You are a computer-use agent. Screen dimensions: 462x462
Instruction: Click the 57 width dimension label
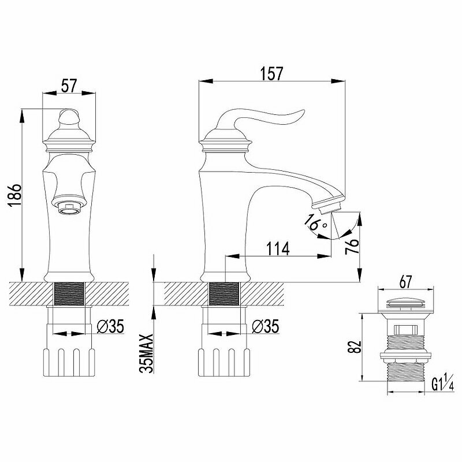pyautogui.click(x=69, y=86)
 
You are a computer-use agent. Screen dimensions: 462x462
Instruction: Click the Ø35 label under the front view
pyautogui.click(x=110, y=326)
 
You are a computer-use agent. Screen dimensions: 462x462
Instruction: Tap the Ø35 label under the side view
pyautogui.click(x=265, y=326)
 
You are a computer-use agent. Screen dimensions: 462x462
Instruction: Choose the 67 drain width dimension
pyautogui.click(x=405, y=282)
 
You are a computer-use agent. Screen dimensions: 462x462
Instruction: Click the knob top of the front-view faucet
pyautogui.click(x=69, y=117)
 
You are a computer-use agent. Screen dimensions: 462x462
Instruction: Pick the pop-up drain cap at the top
pyautogui.click(x=405, y=301)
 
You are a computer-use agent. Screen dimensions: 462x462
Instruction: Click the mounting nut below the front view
pyautogui.click(x=69, y=360)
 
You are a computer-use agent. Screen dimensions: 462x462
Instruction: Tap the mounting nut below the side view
pyautogui.click(x=223, y=360)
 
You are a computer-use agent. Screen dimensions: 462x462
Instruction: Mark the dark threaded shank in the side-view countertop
pyautogui.click(x=223, y=294)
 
